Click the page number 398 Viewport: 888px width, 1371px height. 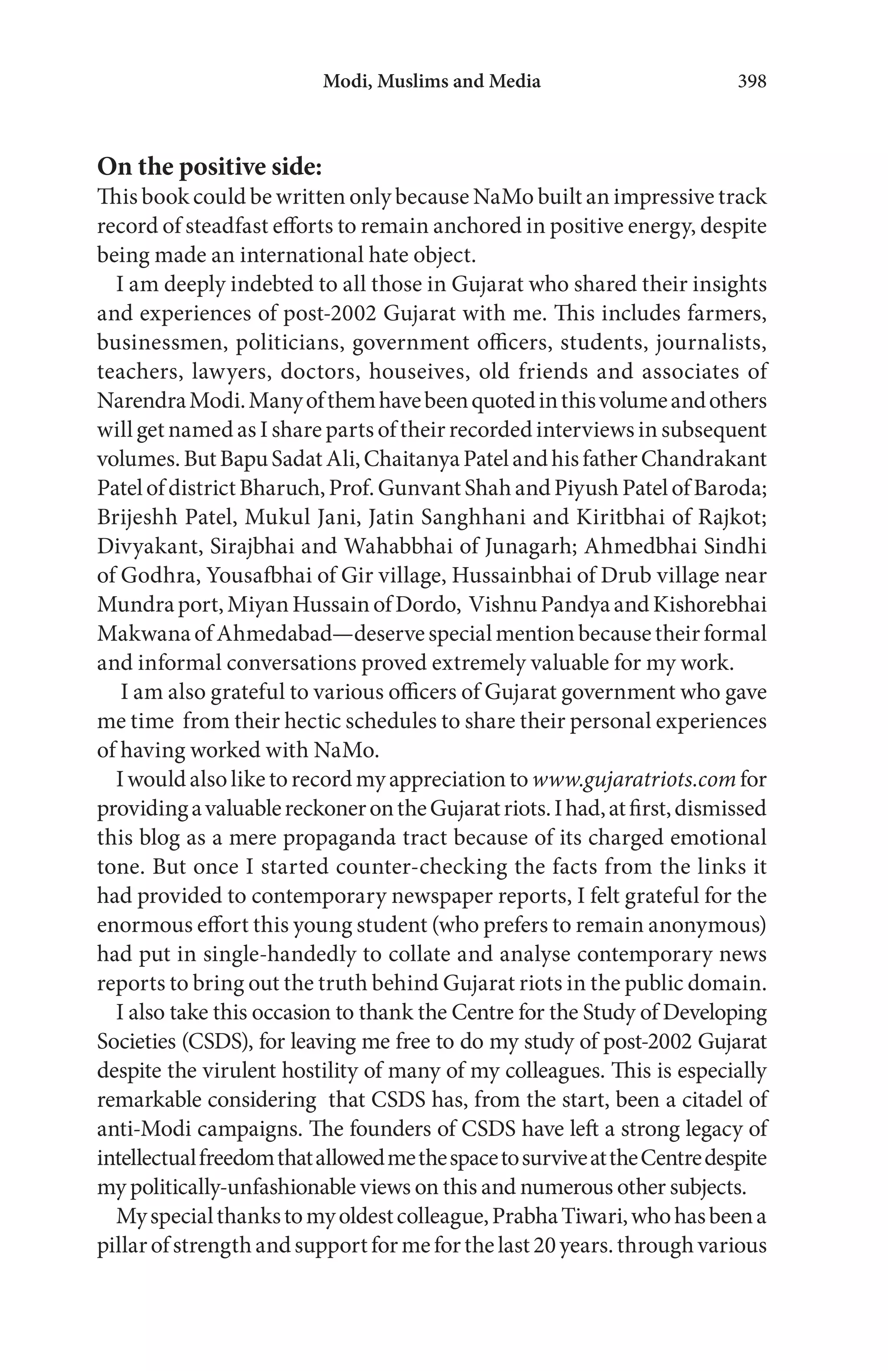point(751,81)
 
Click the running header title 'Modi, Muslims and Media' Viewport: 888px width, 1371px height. point(431,81)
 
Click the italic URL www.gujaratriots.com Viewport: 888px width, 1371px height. point(633,780)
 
